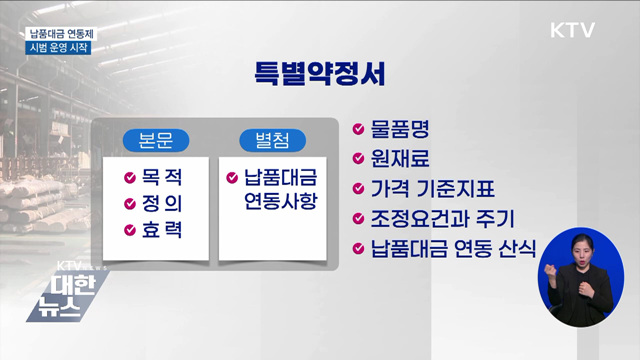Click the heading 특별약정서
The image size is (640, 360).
click(319, 75)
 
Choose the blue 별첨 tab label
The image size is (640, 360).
click(271, 140)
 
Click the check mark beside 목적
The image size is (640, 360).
click(130, 178)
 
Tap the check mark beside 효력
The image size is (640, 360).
click(130, 230)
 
